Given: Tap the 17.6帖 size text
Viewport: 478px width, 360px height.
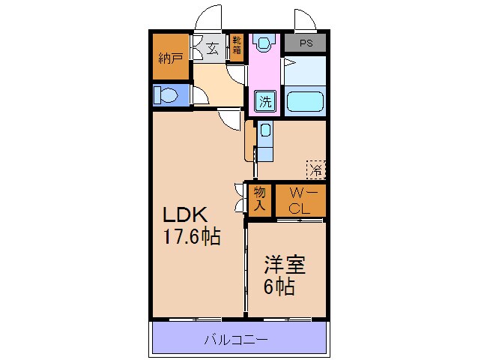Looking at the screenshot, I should (x=193, y=237).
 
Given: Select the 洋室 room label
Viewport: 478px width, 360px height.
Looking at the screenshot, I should (x=284, y=265).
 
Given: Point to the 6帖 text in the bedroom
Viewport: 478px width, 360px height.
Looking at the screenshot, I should (x=278, y=286).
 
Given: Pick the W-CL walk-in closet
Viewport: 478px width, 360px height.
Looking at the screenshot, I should (x=300, y=199).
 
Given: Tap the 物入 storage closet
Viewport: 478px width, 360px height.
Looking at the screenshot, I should (x=259, y=199).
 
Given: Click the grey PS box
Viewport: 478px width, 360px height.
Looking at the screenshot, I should (x=306, y=43).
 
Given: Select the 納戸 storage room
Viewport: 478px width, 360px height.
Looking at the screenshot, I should (x=171, y=58).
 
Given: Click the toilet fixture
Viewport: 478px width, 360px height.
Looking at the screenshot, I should (x=167, y=95).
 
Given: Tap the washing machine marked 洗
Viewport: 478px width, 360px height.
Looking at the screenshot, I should (x=265, y=100).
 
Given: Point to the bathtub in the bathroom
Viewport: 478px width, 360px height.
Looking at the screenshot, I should (x=306, y=100).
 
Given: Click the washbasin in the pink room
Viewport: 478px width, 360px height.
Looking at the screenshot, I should (x=262, y=43).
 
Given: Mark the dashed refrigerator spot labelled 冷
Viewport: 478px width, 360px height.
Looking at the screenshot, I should (x=316, y=169).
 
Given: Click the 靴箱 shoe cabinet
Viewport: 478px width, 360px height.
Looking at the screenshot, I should (x=237, y=46).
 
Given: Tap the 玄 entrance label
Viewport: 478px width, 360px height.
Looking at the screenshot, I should (x=213, y=49).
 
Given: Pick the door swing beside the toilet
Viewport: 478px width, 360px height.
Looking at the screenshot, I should (x=200, y=93).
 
